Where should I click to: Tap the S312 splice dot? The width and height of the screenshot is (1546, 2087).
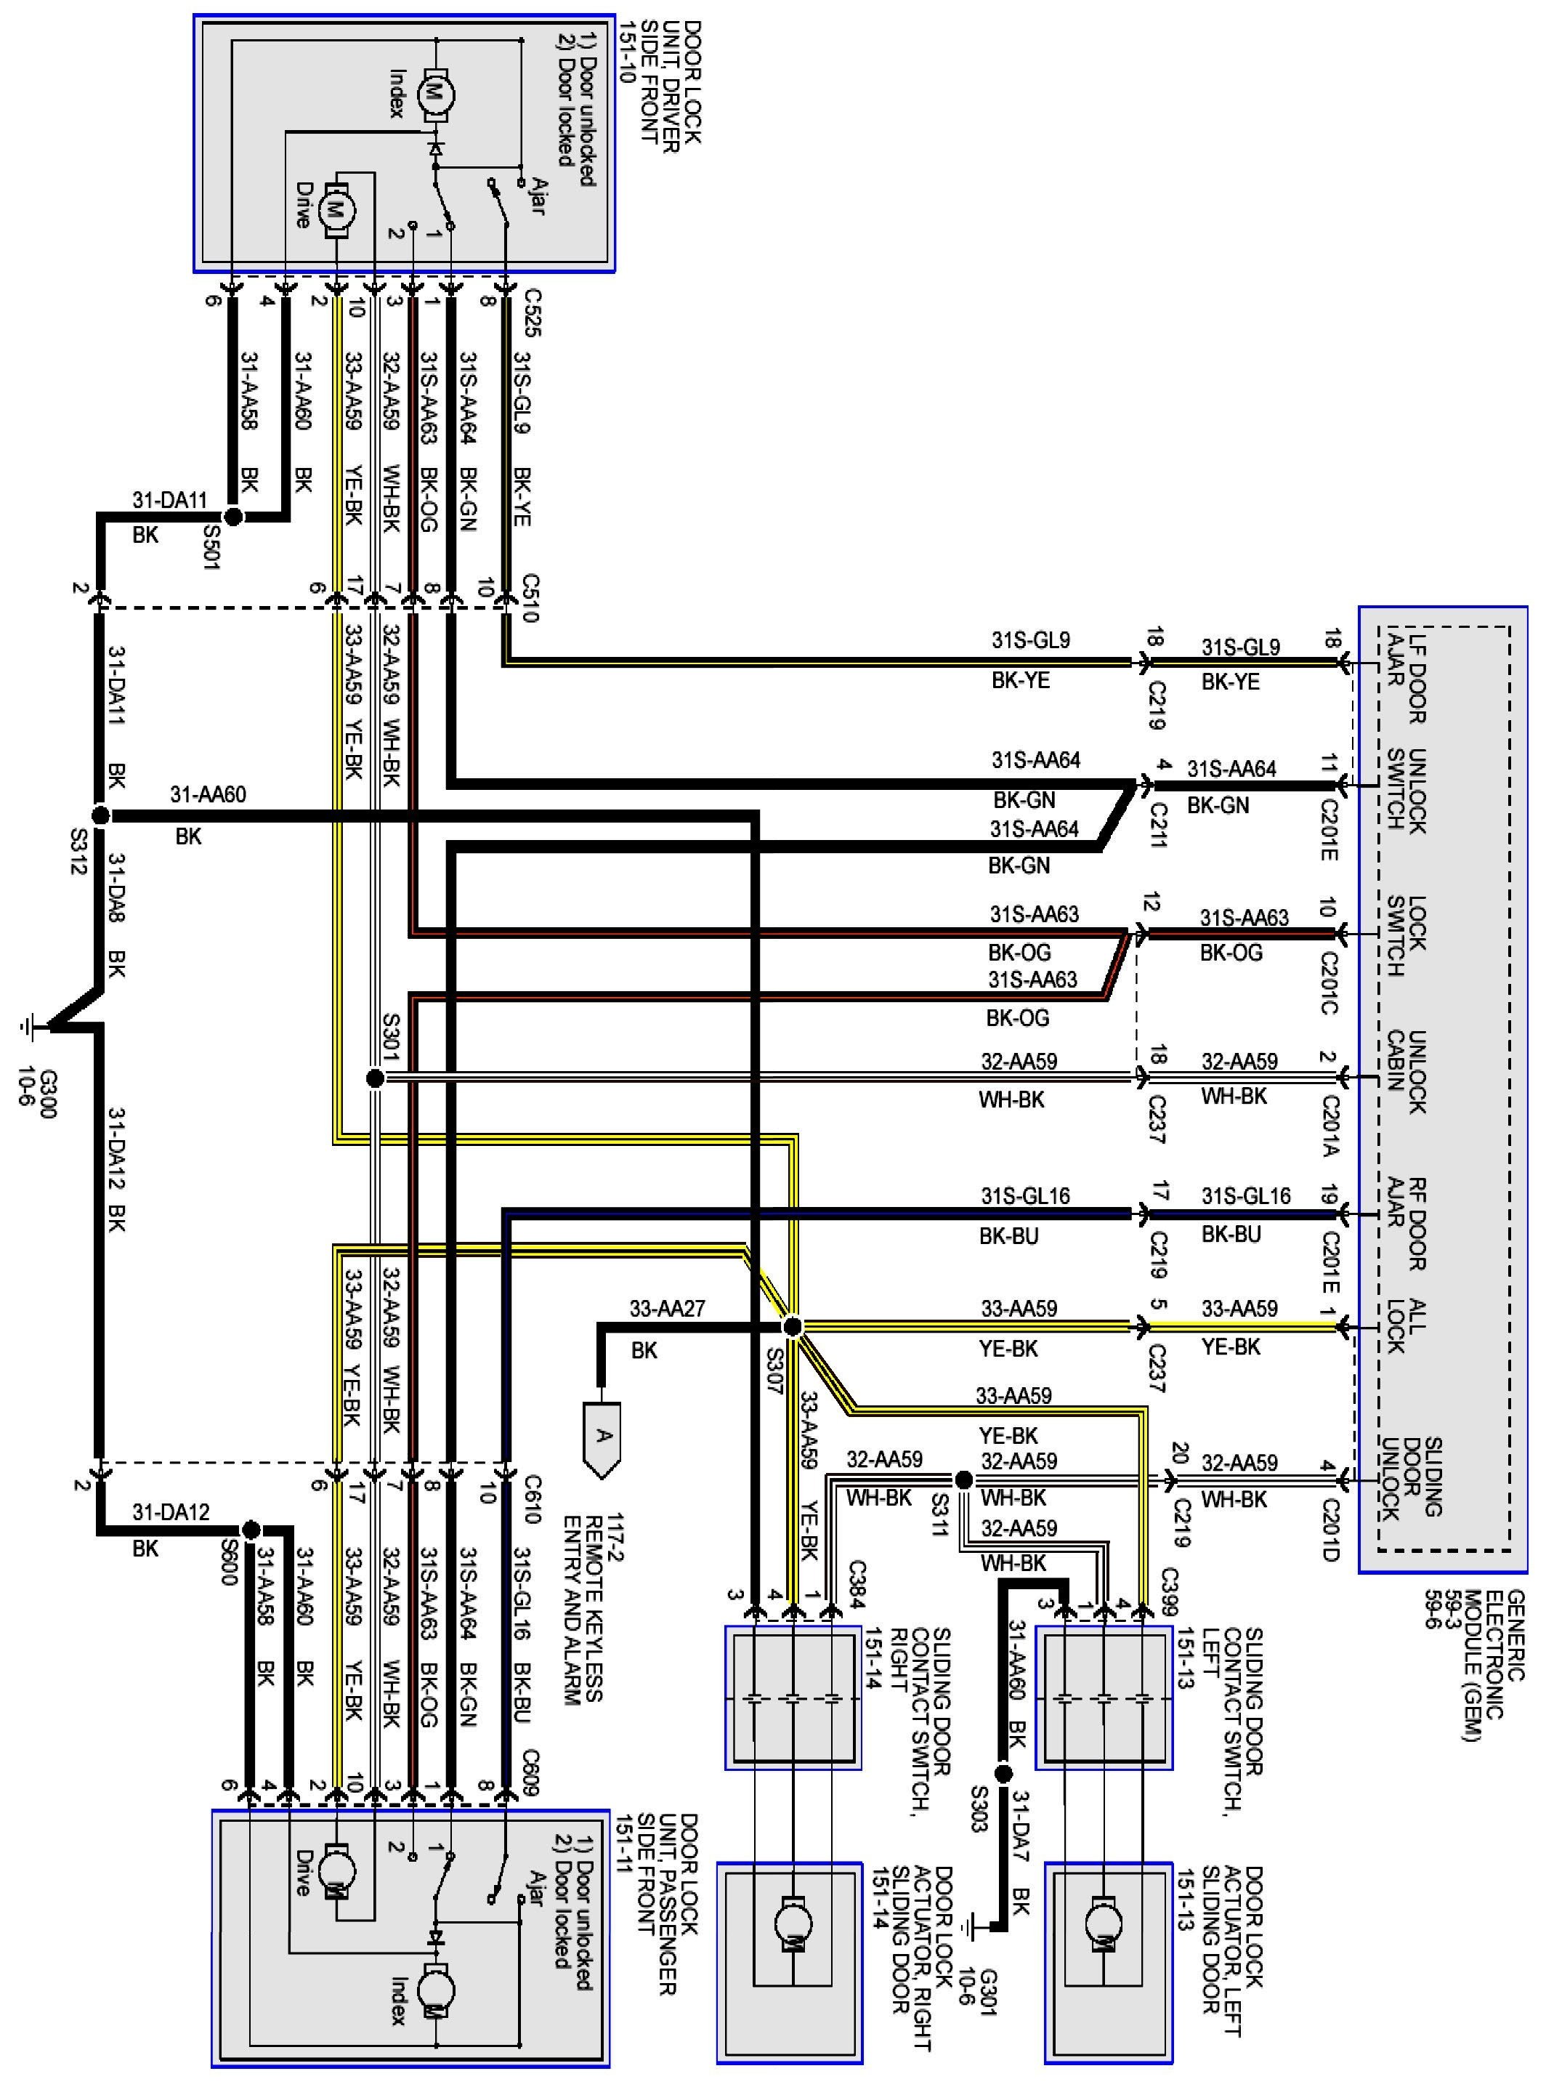tap(100, 815)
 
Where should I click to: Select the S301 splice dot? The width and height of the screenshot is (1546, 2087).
tap(374, 1078)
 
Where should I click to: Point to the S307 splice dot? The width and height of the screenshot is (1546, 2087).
tap(792, 1326)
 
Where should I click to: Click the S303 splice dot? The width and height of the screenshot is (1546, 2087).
tap(1003, 1772)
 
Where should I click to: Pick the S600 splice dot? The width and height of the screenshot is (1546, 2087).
tap(250, 1529)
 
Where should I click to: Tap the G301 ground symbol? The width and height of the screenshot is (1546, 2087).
tap(976, 1926)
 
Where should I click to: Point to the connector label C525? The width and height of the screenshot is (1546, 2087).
tap(533, 312)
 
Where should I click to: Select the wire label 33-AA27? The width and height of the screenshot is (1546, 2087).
tap(666, 1308)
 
